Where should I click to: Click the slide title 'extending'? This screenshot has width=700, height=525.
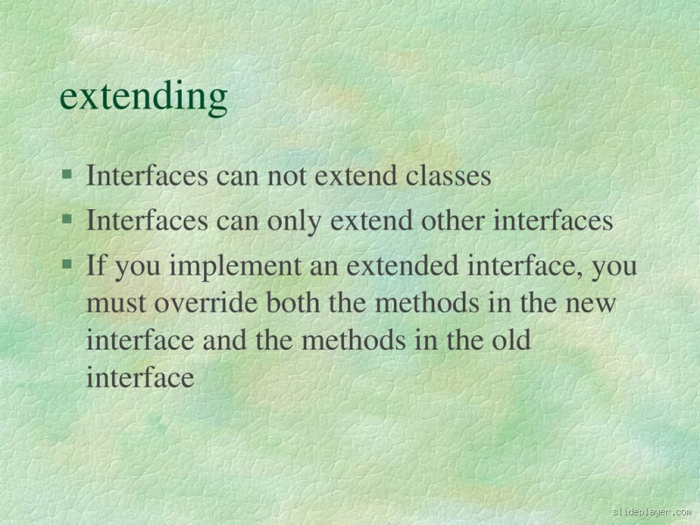[x=143, y=97]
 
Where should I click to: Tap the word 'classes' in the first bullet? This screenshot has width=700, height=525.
[x=448, y=176]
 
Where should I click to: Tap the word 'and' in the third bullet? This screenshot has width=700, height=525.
[x=225, y=339]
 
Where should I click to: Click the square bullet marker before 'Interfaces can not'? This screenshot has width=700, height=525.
[x=66, y=175]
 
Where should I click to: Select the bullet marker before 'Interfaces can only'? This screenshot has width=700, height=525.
[x=66, y=220]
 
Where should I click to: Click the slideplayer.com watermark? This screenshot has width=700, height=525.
[x=652, y=512]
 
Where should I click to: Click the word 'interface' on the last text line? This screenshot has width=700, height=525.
[x=140, y=377]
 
